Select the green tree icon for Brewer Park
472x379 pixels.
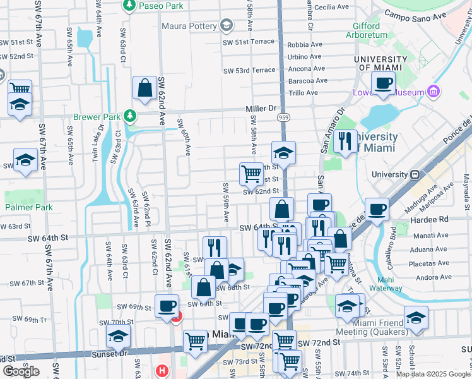[x=129, y=116]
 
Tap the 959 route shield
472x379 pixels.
[x=285, y=117]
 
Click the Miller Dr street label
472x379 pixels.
[x=261, y=109]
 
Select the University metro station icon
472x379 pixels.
[x=415, y=174]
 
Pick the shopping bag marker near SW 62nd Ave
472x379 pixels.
[x=145, y=88]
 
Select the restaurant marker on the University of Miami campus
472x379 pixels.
[x=345, y=142]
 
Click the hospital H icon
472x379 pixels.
[x=162, y=371]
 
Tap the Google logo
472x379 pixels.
[x=21, y=371]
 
